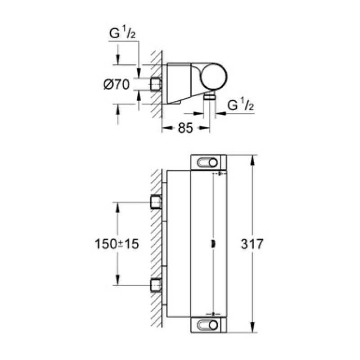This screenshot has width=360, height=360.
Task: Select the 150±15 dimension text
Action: coord(117,244)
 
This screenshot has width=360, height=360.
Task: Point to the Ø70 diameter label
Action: coord(117,84)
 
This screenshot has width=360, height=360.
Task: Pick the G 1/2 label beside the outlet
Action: coord(241,106)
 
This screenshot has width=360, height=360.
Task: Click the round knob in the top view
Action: coord(213,76)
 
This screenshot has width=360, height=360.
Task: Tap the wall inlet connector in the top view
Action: coord(156,84)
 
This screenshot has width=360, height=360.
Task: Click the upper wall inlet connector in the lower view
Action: coord(156,203)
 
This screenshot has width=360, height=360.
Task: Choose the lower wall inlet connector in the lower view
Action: coord(156,285)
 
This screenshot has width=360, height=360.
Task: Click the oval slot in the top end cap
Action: coord(208,162)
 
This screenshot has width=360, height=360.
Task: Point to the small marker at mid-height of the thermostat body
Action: coord(212,244)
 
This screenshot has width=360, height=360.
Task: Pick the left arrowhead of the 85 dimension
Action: coord(165,129)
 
